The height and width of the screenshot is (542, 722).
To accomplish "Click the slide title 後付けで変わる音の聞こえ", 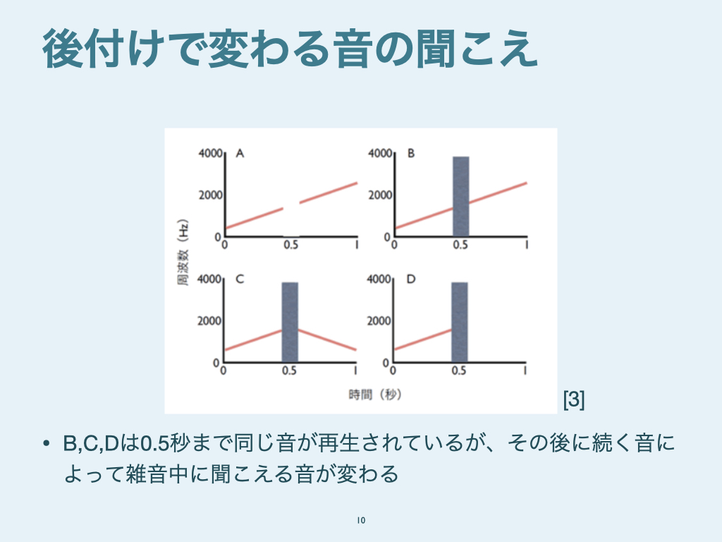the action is click(x=290, y=49).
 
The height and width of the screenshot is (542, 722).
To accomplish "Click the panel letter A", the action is click(x=240, y=153).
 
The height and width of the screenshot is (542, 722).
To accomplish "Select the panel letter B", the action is click(x=411, y=153).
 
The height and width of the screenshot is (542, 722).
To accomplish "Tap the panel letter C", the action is click(x=240, y=279).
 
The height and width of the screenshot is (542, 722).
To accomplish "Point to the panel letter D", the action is click(x=411, y=279).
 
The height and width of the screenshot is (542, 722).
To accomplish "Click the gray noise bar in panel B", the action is click(x=461, y=196).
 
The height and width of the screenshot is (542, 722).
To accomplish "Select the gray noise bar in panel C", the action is click(x=290, y=322).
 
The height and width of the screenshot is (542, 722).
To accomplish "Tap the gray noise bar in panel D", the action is click(x=460, y=322).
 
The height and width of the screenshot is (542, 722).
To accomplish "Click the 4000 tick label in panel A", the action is click(x=210, y=153).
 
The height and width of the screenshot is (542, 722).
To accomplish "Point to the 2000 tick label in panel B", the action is click(x=380, y=195).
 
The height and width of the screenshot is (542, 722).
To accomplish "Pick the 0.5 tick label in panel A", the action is click(x=291, y=245).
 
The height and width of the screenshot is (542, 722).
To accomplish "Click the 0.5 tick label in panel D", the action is click(x=458, y=371).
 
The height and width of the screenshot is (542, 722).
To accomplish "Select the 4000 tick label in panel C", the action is click(x=209, y=279).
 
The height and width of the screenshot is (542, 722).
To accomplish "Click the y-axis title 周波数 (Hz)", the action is click(x=183, y=252).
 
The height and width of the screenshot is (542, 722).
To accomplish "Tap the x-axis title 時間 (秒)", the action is click(x=375, y=395).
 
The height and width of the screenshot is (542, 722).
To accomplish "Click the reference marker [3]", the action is click(x=574, y=399).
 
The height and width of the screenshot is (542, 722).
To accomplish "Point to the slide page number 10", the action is click(x=361, y=520).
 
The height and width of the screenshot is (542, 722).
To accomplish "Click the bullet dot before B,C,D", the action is click(x=46, y=444).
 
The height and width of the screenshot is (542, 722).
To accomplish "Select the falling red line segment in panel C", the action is click(x=327, y=339).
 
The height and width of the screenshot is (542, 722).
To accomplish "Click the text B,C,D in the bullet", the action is click(x=91, y=444).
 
